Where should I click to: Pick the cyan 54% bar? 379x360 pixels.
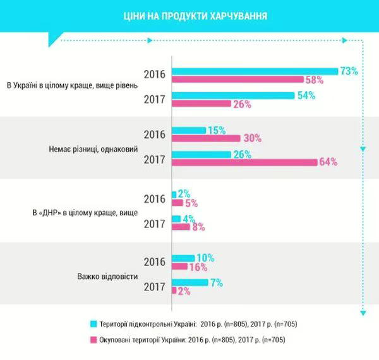[x=233, y=95]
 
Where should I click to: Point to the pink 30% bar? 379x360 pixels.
[x=206, y=138]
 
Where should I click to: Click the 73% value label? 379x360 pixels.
[x=349, y=71]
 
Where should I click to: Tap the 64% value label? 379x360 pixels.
[x=328, y=162]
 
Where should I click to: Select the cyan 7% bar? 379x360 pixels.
[x=189, y=282]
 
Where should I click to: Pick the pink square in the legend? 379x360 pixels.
[x=93, y=339]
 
